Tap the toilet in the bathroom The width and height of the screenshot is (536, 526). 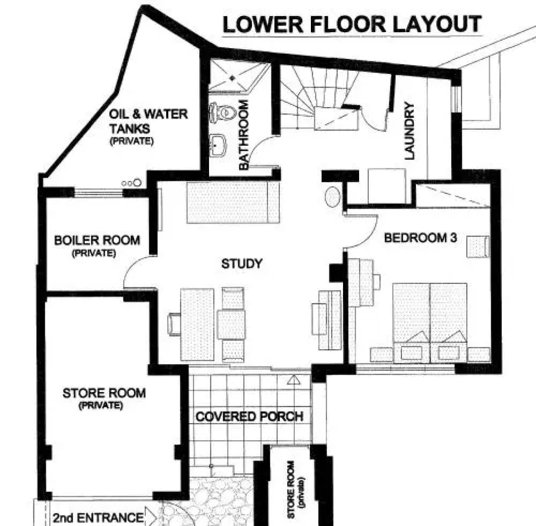(223, 112)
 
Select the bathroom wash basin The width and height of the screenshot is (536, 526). (217, 145)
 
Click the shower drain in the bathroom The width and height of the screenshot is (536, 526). (232, 78)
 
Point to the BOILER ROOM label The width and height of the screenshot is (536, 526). (97, 240)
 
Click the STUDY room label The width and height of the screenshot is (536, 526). (242, 263)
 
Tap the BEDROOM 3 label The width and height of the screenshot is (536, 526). (420, 238)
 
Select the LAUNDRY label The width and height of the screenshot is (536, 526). (409, 131)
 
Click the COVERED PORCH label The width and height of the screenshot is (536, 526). (249, 416)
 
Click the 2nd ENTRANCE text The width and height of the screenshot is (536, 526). (98, 518)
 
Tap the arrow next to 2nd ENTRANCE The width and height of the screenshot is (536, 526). (151, 516)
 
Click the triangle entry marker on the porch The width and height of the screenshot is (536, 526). (293, 379)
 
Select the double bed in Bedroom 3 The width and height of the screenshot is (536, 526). (430, 322)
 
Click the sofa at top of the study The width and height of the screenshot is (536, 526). (233, 202)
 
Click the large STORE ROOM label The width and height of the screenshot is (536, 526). (104, 393)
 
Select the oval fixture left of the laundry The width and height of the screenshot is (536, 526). (332, 197)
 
